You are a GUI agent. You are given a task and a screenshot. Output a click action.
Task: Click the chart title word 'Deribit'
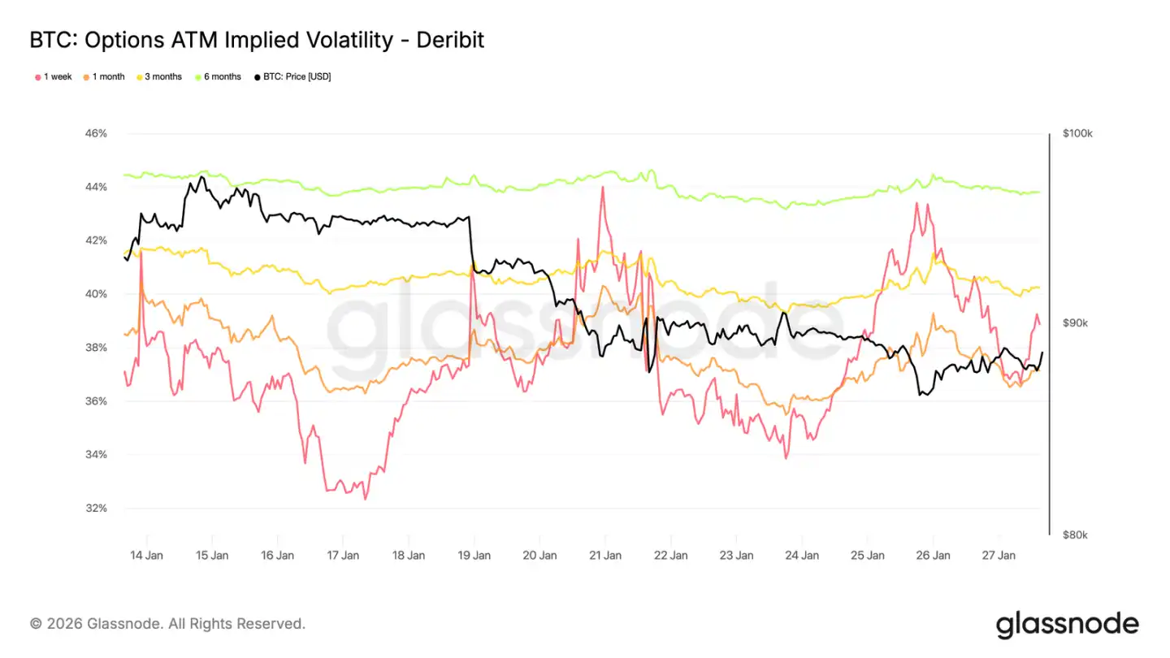[450, 39]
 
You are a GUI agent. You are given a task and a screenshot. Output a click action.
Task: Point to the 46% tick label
[96, 133]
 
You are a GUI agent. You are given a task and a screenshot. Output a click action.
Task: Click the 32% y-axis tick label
[96, 509]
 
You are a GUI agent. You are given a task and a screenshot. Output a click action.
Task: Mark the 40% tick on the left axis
[96, 294]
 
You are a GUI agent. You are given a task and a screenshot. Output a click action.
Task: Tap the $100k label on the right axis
[1078, 134]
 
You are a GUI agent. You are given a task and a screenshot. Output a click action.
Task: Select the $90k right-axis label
[1076, 323]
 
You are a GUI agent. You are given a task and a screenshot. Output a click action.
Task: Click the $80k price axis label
[1076, 535]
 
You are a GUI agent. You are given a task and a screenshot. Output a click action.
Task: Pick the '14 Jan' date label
[146, 556]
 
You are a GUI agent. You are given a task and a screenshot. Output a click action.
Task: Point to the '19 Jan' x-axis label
[474, 556]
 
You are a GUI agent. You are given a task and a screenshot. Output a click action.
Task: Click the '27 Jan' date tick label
[999, 556]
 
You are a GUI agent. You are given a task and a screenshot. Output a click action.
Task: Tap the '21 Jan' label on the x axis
[605, 556]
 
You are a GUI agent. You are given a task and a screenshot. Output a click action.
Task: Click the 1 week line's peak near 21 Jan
[603, 188]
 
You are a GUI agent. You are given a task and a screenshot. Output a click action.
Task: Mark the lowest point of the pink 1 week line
[365, 499]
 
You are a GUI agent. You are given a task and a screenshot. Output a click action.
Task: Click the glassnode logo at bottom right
[1067, 624]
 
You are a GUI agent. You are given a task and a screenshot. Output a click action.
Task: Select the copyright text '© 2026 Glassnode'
[97, 624]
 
